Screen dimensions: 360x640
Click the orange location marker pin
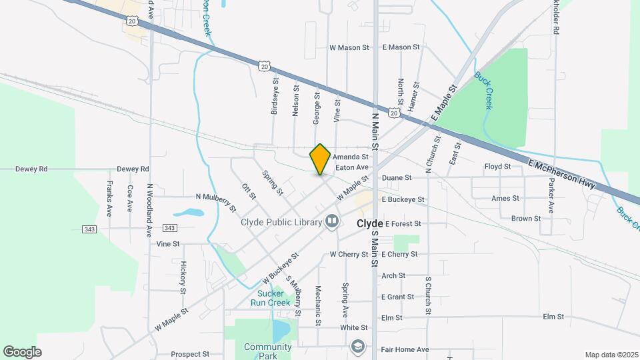click(320, 159)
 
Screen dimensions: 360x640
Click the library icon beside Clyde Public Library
click(331, 221)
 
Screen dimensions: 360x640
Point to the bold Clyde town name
click(369, 223)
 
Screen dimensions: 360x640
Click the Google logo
click(22, 351)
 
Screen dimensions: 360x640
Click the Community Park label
click(268, 351)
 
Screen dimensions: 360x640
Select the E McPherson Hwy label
click(561, 174)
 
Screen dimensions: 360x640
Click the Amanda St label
click(351, 156)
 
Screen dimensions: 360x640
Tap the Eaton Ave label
click(352, 167)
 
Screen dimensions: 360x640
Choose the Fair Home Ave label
click(405, 349)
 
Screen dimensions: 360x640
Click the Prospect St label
click(190, 354)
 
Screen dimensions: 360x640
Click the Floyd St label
click(497, 166)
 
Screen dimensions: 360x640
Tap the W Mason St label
click(349, 48)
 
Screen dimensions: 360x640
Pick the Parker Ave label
click(551, 198)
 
